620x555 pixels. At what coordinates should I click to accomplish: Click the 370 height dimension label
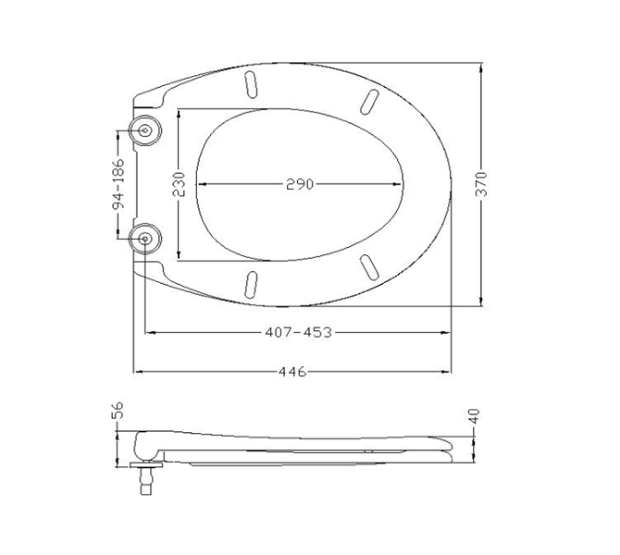pyautogui.click(x=481, y=184)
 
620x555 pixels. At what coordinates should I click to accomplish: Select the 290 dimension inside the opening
pyautogui.click(x=300, y=184)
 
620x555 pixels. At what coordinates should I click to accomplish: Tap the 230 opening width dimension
pyautogui.click(x=179, y=184)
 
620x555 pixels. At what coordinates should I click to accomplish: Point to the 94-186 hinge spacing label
pyautogui.click(x=118, y=184)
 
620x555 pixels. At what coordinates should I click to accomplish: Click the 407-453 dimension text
pyautogui.click(x=298, y=332)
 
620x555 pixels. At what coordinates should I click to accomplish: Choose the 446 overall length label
pyautogui.click(x=292, y=372)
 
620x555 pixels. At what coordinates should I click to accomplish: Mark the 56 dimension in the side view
pyautogui.click(x=118, y=410)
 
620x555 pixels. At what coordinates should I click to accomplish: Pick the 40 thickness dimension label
pyautogui.click(x=474, y=416)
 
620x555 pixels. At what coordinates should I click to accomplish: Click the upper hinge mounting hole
pyautogui.click(x=145, y=130)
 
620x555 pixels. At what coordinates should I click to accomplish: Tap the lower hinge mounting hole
pyautogui.click(x=145, y=239)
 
